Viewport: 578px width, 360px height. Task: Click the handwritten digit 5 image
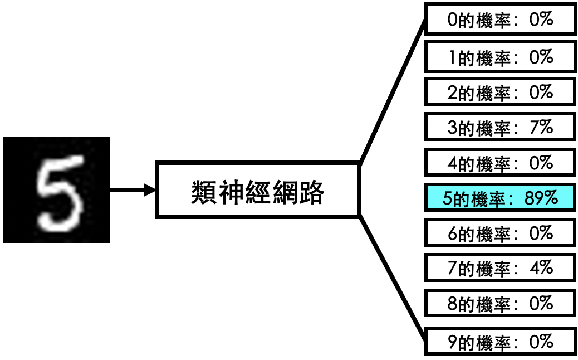click(x=56, y=189)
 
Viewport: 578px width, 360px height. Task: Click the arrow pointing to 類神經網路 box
click(x=133, y=190)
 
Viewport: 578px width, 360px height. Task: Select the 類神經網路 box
click(x=257, y=189)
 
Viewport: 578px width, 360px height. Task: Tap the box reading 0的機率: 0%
click(x=500, y=19)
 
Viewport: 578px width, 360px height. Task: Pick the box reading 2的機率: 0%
click(x=500, y=92)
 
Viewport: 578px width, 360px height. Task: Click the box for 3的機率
click(x=500, y=127)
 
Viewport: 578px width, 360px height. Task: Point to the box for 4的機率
click(x=500, y=163)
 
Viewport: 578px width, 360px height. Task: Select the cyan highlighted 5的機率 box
click(x=500, y=198)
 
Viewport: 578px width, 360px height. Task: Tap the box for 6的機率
click(x=500, y=233)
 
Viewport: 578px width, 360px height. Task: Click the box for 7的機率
click(x=500, y=268)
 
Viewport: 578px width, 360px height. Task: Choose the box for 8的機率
click(x=500, y=303)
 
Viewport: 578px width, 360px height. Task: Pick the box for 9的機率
click(x=500, y=341)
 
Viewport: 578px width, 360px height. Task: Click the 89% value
click(x=541, y=198)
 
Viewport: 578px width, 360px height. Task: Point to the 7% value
click(x=541, y=127)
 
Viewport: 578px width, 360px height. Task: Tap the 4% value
click(x=541, y=268)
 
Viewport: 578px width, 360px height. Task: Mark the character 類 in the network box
click(x=204, y=192)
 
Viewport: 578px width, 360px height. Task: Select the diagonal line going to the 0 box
click(x=393, y=91)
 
